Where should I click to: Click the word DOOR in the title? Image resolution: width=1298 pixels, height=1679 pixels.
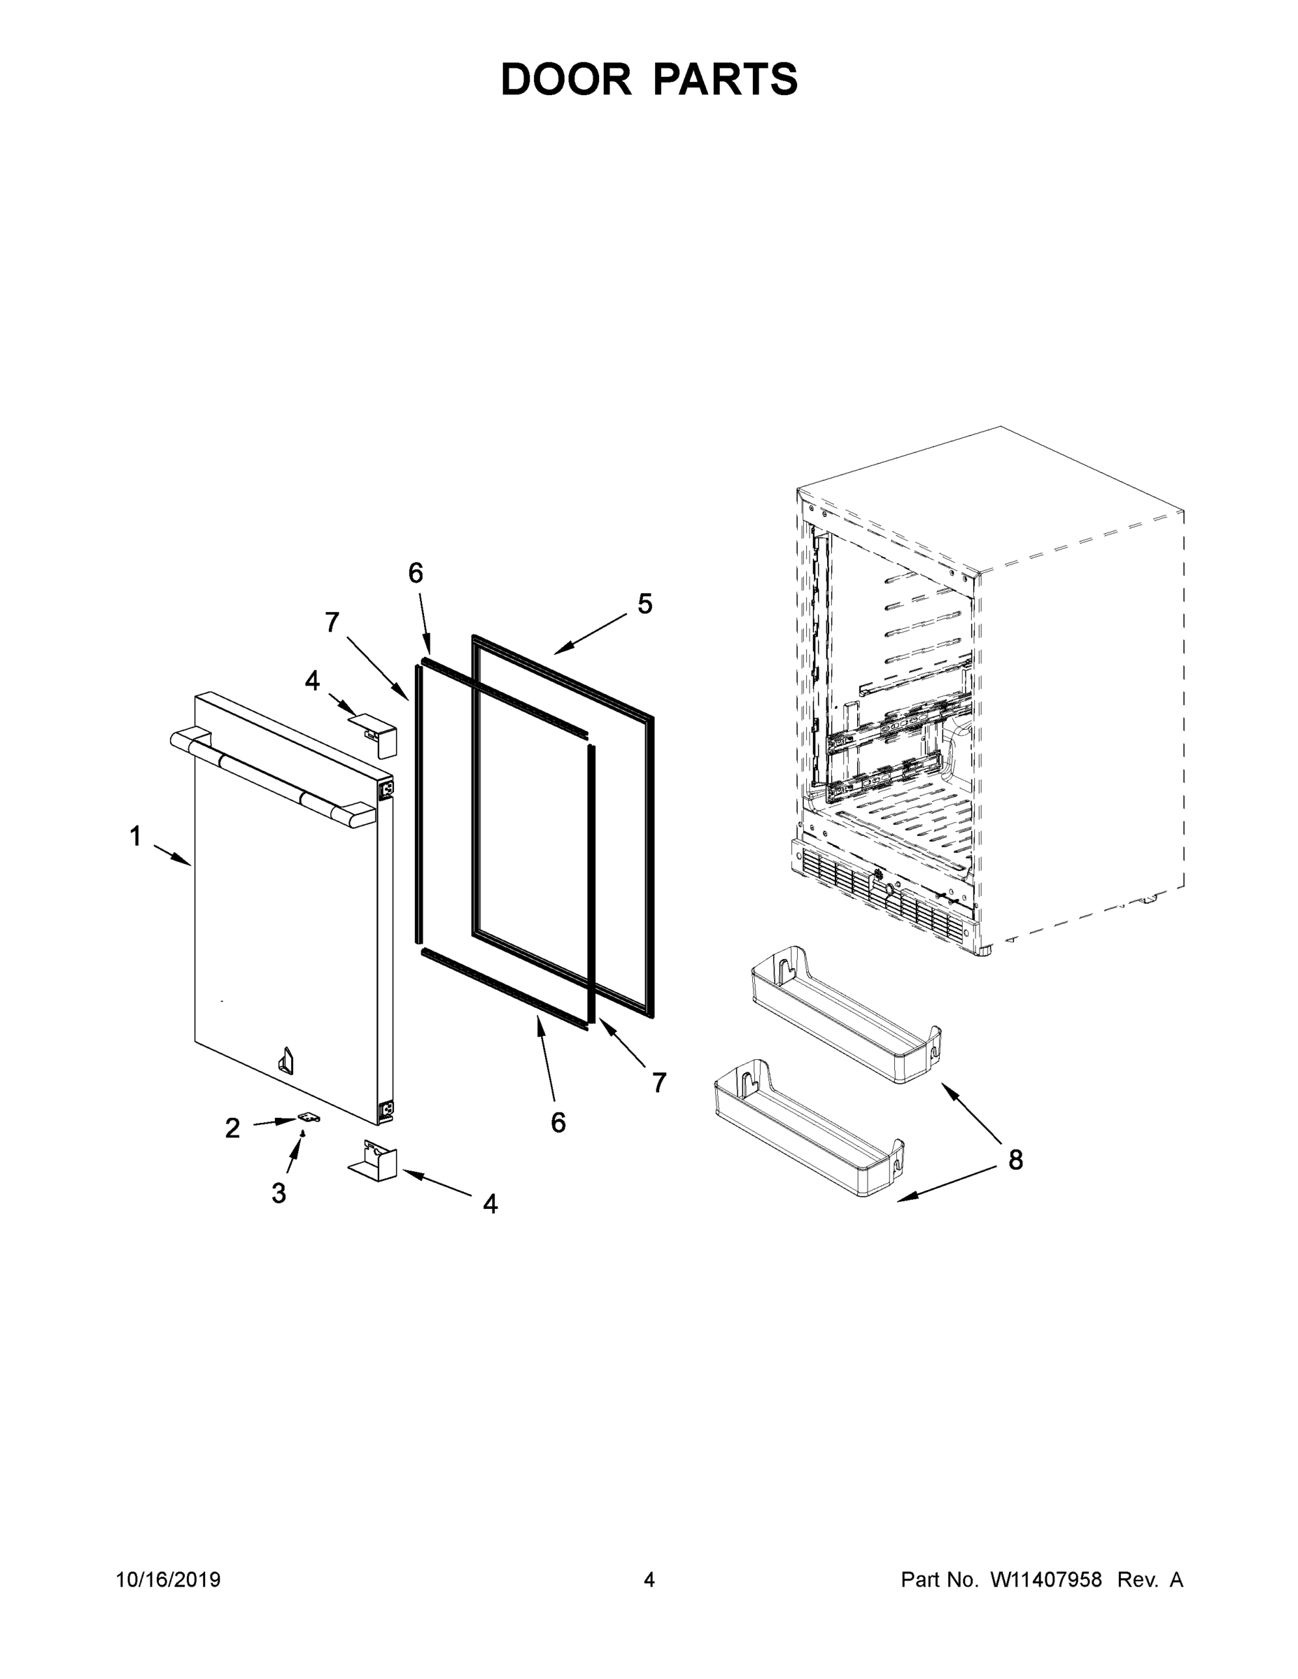point(565,80)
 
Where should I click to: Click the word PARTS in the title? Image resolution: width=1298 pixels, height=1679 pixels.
point(726,80)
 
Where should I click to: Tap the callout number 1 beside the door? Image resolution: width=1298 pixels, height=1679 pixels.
point(135,837)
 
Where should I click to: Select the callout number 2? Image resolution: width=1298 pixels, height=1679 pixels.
point(232,1128)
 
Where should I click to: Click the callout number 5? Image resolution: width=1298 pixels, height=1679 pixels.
point(644,604)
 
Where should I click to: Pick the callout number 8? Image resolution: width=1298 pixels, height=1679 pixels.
point(1016,1159)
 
